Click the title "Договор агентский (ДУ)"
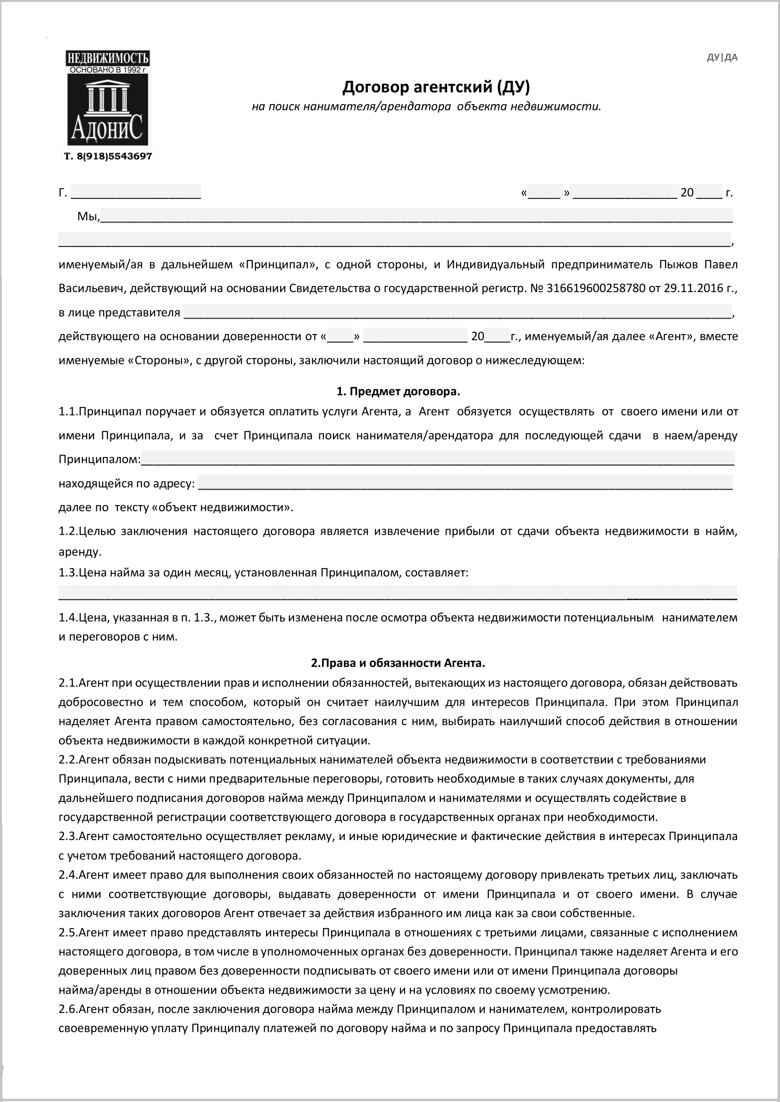[x=436, y=87]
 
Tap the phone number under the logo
[x=108, y=156]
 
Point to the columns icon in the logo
[x=107, y=97]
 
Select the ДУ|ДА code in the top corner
[x=722, y=57]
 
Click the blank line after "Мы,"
[x=416, y=216]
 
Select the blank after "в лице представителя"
[x=457, y=312]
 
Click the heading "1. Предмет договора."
[x=398, y=391]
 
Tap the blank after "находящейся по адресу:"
[x=465, y=483]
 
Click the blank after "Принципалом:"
[x=437, y=459]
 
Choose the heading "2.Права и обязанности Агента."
[x=398, y=663]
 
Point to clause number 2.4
[x=68, y=875]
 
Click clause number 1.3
[x=68, y=572]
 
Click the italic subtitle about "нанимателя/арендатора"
[x=426, y=106]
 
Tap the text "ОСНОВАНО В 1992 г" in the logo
[x=108, y=70]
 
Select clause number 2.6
[x=68, y=1009]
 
